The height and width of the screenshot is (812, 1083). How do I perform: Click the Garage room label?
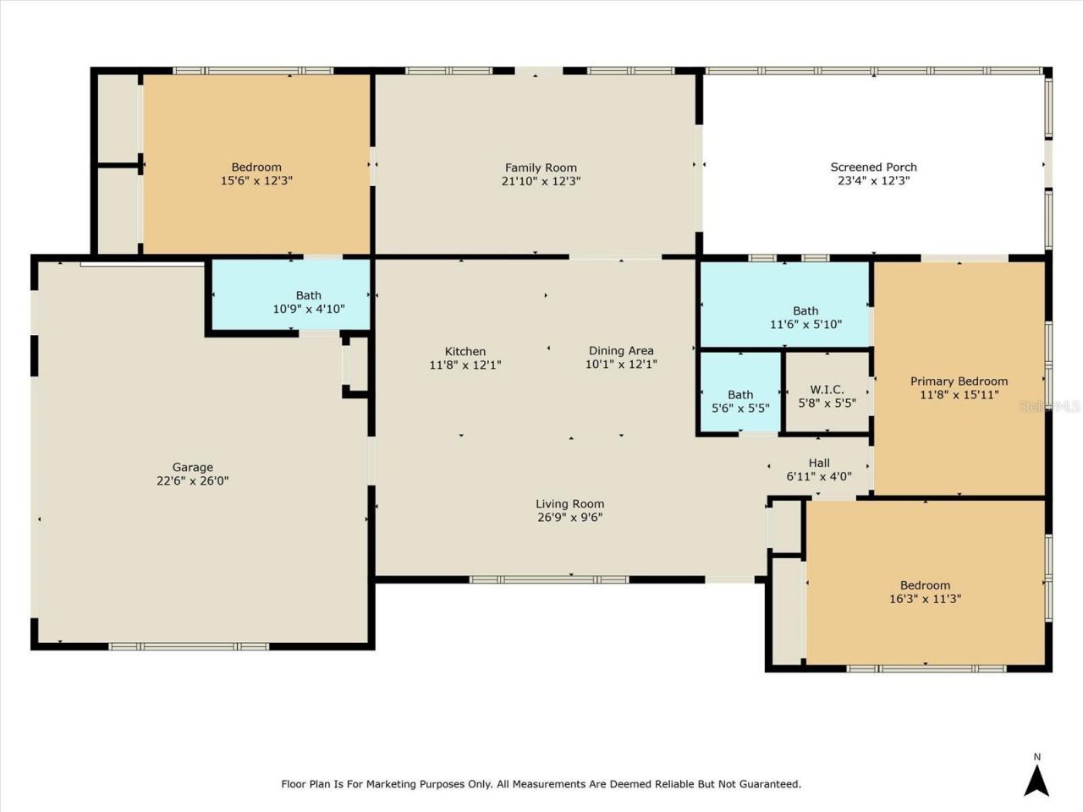tap(192, 467)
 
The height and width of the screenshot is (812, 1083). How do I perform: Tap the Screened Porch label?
tap(873, 167)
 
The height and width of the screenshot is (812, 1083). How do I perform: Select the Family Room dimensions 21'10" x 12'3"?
tap(541, 181)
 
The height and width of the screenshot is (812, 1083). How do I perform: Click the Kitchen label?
tap(465, 351)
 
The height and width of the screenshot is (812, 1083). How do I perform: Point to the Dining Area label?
tap(621, 350)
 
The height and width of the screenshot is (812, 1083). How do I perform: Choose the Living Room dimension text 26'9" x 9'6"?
tap(569, 518)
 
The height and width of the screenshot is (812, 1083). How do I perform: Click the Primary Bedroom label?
tap(959, 381)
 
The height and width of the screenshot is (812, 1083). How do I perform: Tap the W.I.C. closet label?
tap(827, 390)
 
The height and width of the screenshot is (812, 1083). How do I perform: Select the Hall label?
tap(819, 463)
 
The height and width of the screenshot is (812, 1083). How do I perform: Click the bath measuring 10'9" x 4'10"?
tap(308, 302)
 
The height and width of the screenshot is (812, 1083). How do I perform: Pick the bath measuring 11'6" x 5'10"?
tap(805, 317)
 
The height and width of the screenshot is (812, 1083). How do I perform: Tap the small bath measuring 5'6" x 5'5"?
tap(740, 401)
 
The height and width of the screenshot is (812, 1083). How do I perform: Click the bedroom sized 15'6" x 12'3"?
tap(256, 173)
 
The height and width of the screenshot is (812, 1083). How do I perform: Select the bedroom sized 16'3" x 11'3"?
tap(925, 591)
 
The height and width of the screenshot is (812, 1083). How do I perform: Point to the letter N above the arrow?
tap(1036, 757)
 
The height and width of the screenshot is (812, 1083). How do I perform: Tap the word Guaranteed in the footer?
tap(766, 784)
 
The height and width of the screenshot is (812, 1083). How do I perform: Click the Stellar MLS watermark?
tap(1049, 406)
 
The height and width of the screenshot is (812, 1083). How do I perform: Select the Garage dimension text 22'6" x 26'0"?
tap(192, 480)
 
